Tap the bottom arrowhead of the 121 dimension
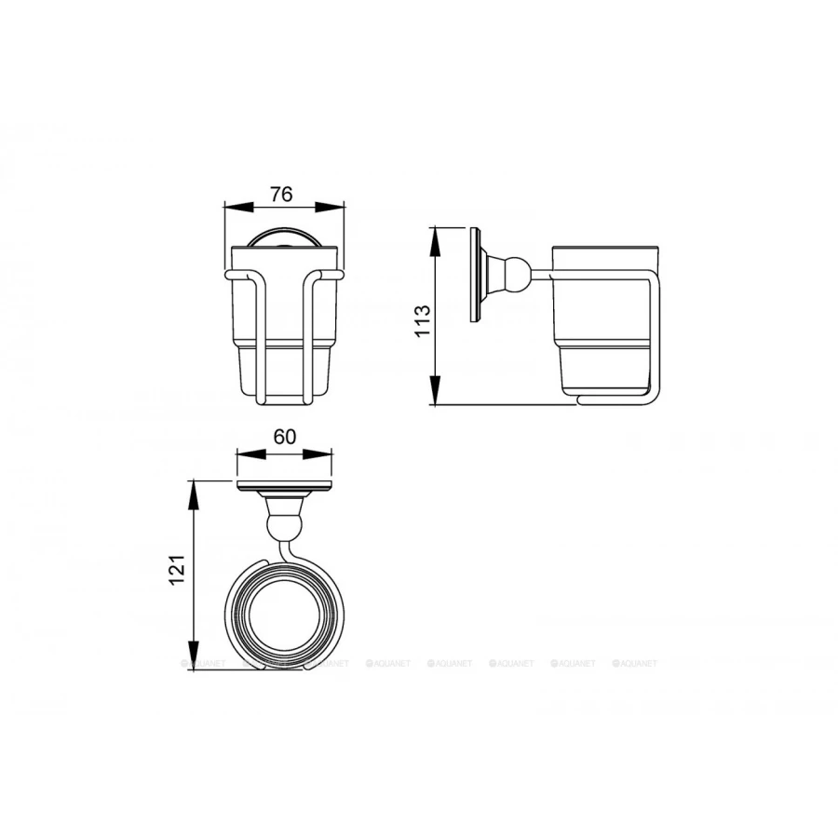pyautogui.click(x=195, y=656)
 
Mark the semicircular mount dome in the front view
pyautogui.click(x=284, y=237)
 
